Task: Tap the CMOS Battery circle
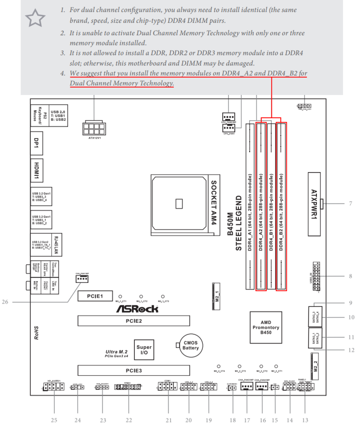tap(190, 345)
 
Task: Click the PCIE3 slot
tap(134, 370)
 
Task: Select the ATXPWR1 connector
tap(314, 204)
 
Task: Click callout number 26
tap(5, 302)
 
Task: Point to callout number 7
tap(351, 203)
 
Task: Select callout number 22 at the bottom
tap(129, 420)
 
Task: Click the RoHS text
tap(37, 333)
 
